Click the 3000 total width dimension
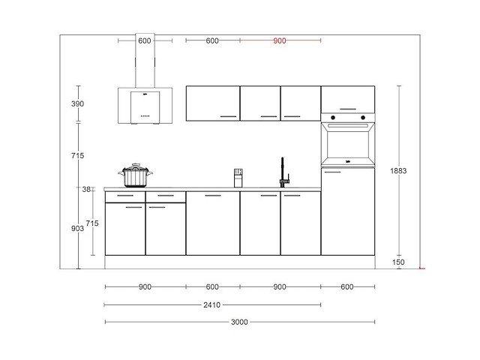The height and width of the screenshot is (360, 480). click(x=239, y=322)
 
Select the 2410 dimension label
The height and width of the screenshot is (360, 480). click(x=212, y=304)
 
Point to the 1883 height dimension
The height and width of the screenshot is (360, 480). click(x=399, y=171)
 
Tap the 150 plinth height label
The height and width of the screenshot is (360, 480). click(x=398, y=262)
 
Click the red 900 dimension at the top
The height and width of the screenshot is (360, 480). click(x=280, y=41)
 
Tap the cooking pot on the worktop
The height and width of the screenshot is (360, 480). click(x=136, y=176)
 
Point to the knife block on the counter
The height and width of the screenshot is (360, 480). click(x=238, y=178)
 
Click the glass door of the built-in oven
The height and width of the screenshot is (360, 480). click(x=348, y=144)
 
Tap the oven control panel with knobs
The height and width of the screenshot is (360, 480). click(x=348, y=117)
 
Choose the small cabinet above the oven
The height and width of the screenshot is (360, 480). click(x=348, y=100)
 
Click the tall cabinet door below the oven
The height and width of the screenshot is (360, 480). click(x=348, y=211)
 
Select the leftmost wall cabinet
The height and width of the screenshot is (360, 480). click(x=212, y=103)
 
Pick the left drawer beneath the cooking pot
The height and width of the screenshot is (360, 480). click(x=124, y=196)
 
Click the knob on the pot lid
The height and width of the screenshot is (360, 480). click(x=136, y=164)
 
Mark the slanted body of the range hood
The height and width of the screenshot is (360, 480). click(x=145, y=106)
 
